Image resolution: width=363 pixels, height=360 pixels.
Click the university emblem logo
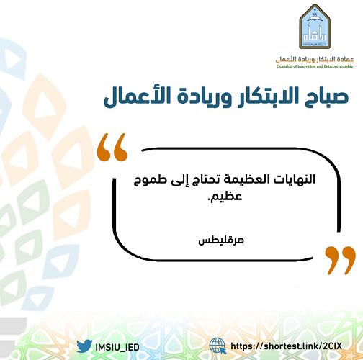point(315,27)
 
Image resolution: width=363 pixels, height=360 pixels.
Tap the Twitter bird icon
point(84,346)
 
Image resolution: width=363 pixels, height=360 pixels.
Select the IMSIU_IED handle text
point(117,347)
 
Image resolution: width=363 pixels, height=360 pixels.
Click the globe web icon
point(218,346)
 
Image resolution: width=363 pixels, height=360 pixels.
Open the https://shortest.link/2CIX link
point(286,346)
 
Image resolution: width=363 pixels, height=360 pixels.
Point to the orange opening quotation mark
point(112,147)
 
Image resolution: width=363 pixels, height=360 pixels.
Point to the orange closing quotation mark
point(341,260)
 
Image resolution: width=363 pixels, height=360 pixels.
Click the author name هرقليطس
point(221,240)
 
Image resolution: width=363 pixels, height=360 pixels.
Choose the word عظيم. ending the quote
point(225,197)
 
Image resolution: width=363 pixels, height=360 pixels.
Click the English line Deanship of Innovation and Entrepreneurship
point(315,66)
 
